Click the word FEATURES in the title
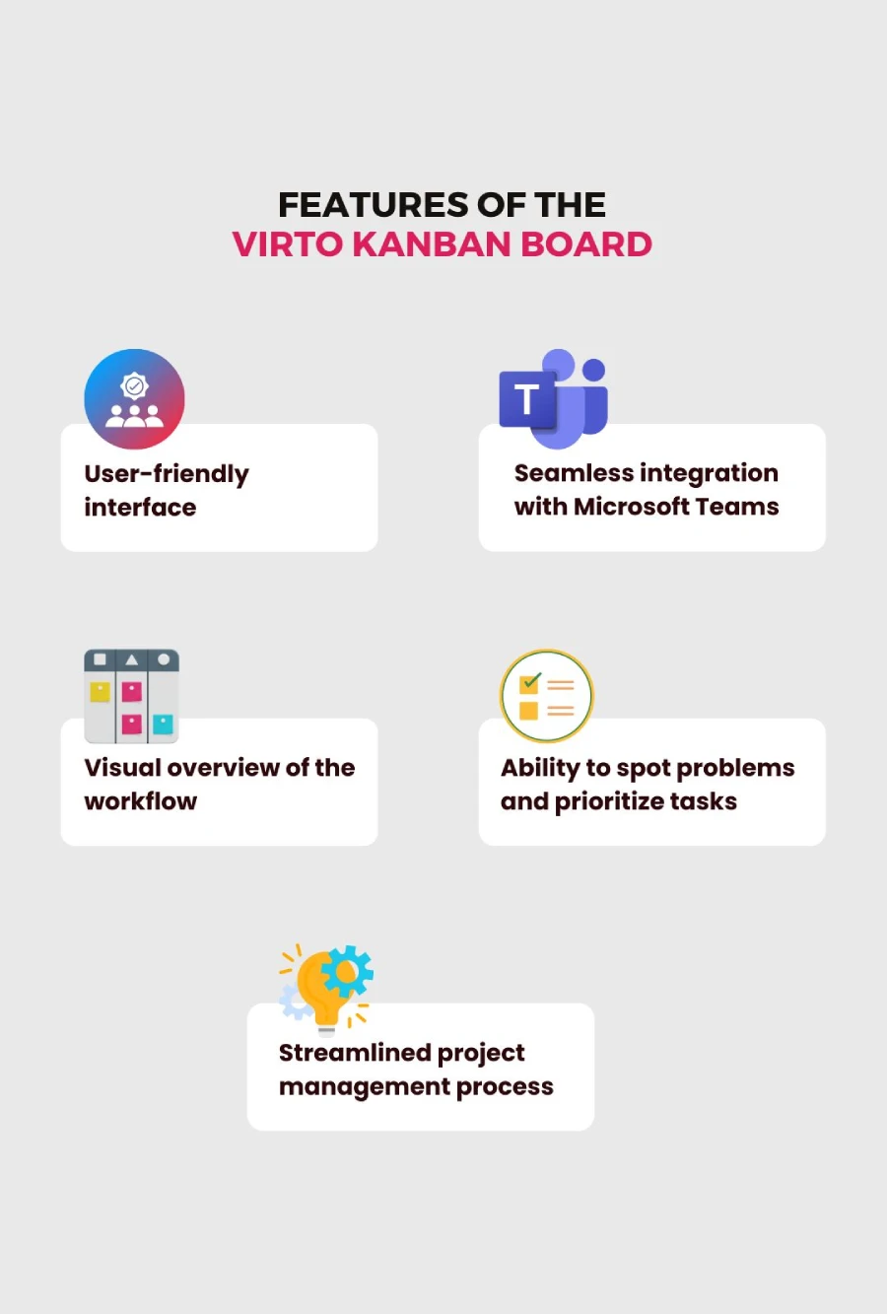[x=373, y=205]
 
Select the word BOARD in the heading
[x=586, y=244]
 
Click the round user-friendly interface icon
[x=134, y=399]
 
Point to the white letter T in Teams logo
[x=527, y=399]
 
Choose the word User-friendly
[x=167, y=474]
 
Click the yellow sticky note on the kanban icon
[x=100, y=692]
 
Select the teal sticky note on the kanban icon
[x=163, y=724]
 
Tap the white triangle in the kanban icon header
[x=132, y=659]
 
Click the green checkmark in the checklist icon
[x=531, y=680]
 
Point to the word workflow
[x=141, y=800]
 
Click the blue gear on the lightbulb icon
[x=347, y=972]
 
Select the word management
[x=364, y=1087]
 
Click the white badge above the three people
[x=134, y=386]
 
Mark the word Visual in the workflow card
[x=122, y=767]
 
